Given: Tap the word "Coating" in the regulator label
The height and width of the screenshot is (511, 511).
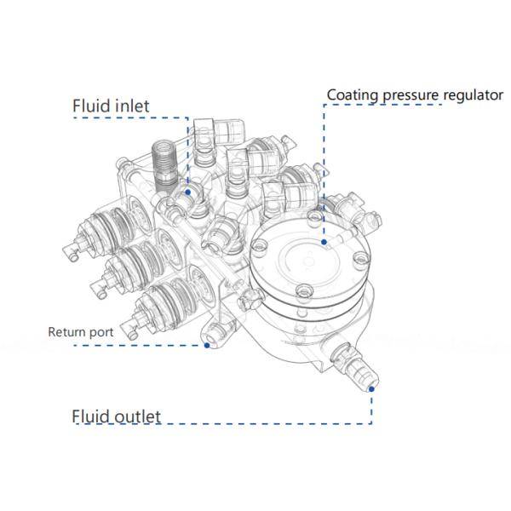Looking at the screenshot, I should [x=351, y=95].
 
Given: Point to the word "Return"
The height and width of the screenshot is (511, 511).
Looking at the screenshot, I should [x=66, y=331].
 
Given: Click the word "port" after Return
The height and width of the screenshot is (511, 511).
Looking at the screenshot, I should [x=101, y=332].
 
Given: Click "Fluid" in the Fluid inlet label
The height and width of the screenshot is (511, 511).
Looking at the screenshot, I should [x=89, y=106].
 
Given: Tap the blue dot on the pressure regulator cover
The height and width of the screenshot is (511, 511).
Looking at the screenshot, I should [x=324, y=242].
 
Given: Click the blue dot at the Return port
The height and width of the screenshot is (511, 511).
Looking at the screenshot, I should [x=207, y=346].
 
